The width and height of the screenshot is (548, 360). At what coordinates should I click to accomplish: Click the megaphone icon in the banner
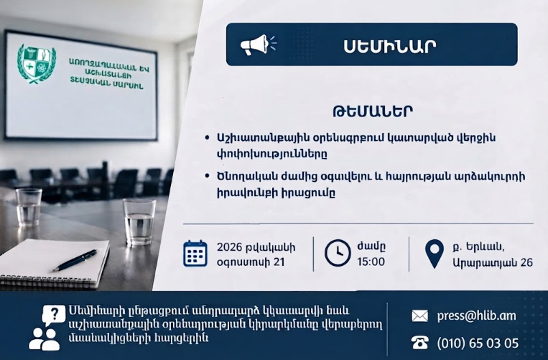tap(258, 45)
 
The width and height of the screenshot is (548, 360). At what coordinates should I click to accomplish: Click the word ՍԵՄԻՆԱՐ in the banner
tap(390, 46)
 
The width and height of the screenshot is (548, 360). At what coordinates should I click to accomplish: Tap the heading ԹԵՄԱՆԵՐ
tap(373, 111)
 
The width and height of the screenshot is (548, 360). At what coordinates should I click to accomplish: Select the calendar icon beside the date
tap(195, 254)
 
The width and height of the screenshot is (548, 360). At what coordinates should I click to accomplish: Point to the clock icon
tap(338, 253)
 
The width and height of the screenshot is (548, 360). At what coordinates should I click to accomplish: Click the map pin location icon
tap(434, 254)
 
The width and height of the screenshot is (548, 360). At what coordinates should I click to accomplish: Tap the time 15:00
tap(371, 262)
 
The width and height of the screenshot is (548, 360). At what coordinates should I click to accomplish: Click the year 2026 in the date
tap(230, 247)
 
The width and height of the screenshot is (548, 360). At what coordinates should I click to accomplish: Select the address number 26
tap(526, 262)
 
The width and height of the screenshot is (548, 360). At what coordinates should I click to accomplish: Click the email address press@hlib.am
tap(476, 316)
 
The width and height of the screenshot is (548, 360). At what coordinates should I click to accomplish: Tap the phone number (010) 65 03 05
tap(478, 343)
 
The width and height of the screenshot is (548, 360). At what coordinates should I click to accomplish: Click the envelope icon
tap(419, 316)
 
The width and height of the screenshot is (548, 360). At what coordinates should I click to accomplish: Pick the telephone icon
tap(419, 343)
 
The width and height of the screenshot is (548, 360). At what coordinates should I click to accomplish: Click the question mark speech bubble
tap(53, 314)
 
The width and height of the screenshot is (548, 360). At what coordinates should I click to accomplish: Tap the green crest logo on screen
tap(37, 64)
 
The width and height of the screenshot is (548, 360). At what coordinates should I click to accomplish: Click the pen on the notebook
tap(75, 260)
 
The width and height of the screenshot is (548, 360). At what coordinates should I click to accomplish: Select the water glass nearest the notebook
tap(139, 222)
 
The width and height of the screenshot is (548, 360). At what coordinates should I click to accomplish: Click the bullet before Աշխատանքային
tap(208, 138)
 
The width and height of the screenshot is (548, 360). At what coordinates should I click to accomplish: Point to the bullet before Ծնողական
tap(208, 176)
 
